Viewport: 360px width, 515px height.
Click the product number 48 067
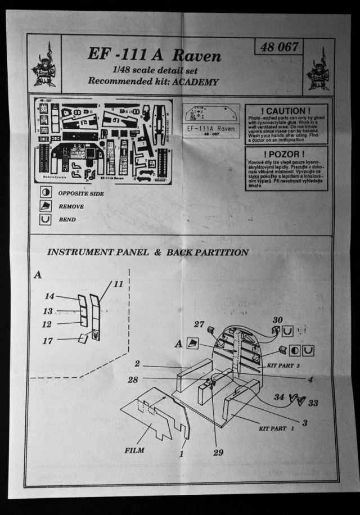[x=279, y=47]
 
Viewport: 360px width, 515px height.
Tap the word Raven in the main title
[x=197, y=56]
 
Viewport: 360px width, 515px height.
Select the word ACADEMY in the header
[x=196, y=82]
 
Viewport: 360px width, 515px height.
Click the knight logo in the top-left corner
[x=44, y=64]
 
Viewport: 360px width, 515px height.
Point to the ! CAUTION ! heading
[x=286, y=111]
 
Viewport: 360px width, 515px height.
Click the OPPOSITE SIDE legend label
[x=81, y=193]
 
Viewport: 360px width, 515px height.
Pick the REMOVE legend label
[x=71, y=206]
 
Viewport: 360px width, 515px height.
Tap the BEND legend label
[x=67, y=219]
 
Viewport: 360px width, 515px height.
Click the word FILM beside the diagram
[x=134, y=450]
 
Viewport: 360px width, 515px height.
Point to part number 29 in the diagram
[x=218, y=452]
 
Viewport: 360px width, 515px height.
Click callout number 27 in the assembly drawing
[x=199, y=324]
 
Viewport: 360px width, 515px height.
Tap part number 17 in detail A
[x=47, y=341]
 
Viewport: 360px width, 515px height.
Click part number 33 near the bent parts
[x=313, y=403]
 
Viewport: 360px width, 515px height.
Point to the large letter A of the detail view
[x=38, y=274]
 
